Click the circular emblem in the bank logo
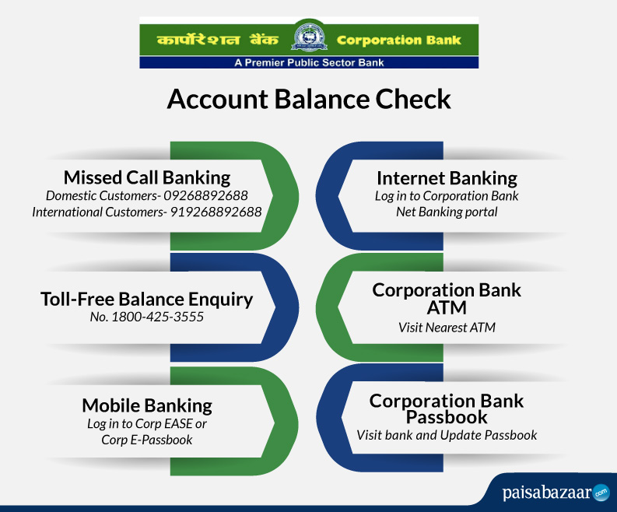click(x=310, y=37)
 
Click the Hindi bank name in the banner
click(x=218, y=40)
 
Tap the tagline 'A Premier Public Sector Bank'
click(x=309, y=62)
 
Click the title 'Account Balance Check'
click(x=309, y=99)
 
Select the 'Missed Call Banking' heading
click(x=147, y=177)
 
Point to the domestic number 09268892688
click(x=206, y=195)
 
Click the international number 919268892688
click(x=216, y=212)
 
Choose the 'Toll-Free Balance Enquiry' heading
click(x=147, y=299)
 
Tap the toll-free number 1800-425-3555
click(x=158, y=317)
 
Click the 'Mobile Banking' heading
click(x=147, y=405)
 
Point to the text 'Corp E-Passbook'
click(x=147, y=440)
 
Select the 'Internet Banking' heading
click(x=447, y=178)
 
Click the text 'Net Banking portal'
click(x=447, y=212)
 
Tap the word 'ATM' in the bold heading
click(x=447, y=308)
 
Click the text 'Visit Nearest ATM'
click(x=447, y=328)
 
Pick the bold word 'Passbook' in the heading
click(x=447, y=417)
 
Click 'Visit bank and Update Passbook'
click(x=447, y=435)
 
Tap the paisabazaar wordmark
click(x=547, y=493)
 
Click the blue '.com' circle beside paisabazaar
click(x=601, y=493)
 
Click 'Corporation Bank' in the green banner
click(x=399, y=40)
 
